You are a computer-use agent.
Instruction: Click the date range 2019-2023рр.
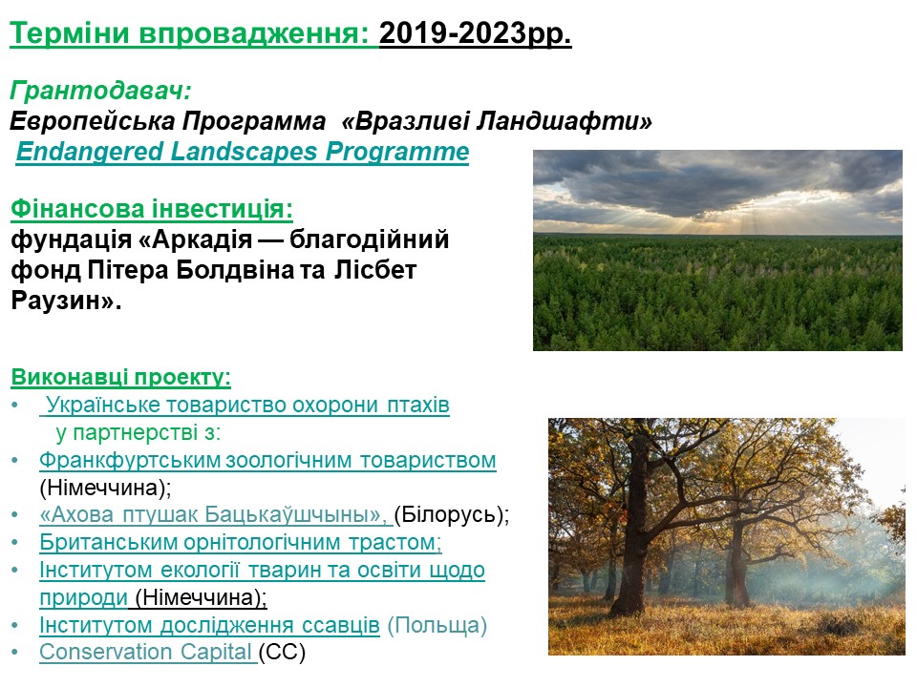point(475,32)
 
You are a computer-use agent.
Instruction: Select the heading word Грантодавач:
point(100,91)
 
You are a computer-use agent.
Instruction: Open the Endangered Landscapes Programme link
point(243,152)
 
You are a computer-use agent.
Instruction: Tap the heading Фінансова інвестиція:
point(152,209)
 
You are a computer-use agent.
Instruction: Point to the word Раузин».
point(66,300)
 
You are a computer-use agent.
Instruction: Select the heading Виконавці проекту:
point(121,378)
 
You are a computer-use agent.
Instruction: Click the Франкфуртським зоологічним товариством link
point(267,460)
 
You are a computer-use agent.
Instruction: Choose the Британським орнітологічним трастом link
point(241,542)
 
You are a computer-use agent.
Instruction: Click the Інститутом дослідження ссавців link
point(209,625)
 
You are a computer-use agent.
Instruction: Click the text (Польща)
point(437,625)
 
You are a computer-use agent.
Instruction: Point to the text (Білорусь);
point(452,514)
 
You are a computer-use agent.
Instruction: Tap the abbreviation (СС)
point(282,652)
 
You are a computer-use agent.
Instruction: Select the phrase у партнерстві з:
point(138,432)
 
